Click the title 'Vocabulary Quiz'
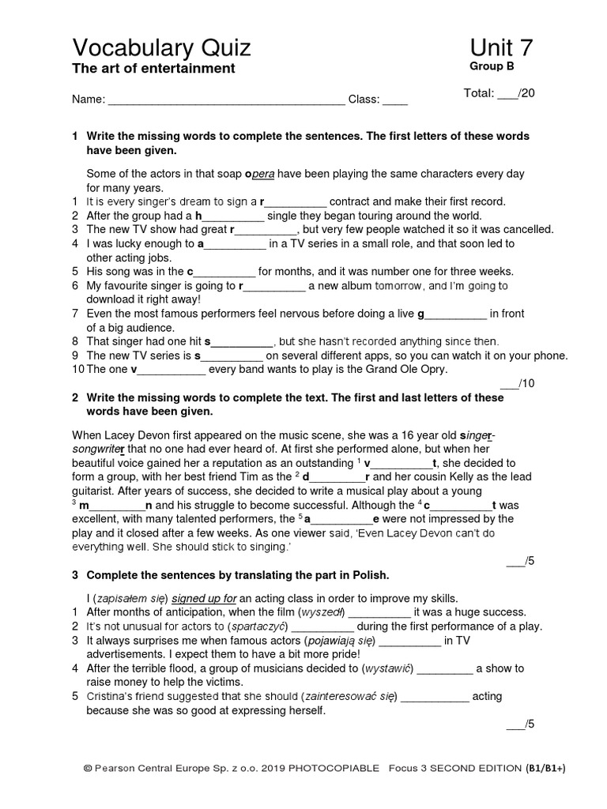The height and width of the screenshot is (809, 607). click(x=161, y=48)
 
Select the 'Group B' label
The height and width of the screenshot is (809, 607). click(x=492, y=68)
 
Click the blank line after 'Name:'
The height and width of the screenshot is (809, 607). click(x=226, y=100)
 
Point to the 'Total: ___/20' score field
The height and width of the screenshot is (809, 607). click(x=499, y=93)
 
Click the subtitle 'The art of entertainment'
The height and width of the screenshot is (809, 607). click(x=153, y=69)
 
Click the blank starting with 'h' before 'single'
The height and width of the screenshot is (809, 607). click(x=233, y=216)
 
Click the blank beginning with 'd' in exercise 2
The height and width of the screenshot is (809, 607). click(x=337, y=477)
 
